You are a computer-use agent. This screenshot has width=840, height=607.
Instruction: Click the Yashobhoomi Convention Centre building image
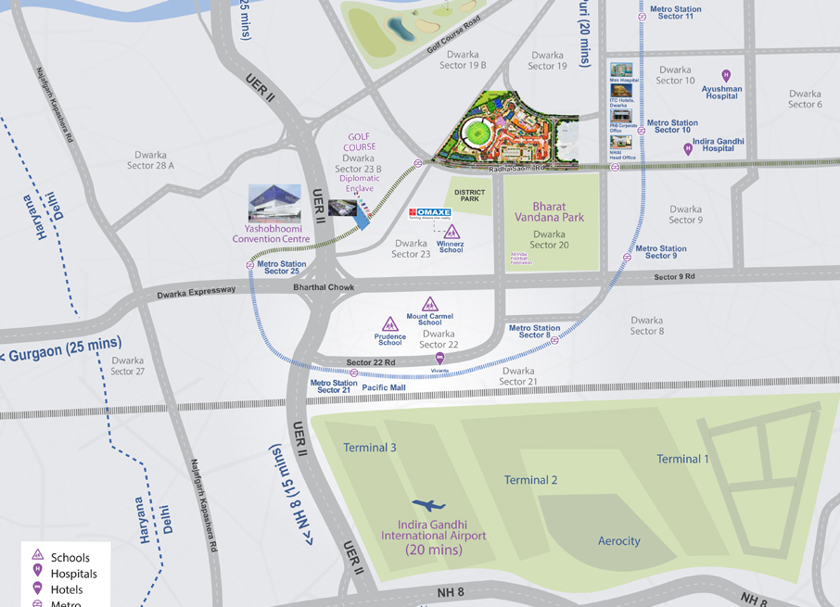[x=274, y=204]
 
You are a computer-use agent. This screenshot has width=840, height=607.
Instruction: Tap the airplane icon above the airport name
[x=427, y=506]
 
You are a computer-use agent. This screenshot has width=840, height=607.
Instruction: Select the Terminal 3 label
[x=370, y=448]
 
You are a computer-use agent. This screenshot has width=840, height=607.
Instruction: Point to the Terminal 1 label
[x=683, y=459]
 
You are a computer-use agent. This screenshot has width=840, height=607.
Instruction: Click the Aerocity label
[x=619, y=541]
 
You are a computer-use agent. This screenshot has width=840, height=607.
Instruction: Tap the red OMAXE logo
[x=430, y=213]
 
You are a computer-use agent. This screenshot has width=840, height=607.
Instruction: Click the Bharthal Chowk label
[x=325, y=287]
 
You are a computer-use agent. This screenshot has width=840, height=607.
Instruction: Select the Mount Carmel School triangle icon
[x=430, y=304]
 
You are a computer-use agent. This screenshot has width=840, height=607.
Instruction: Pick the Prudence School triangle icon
[x=390, y=324]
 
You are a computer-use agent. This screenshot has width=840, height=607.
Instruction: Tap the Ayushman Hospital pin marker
[x=726, y=76]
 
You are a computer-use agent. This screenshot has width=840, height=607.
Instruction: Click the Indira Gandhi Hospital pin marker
[x=688, y=148]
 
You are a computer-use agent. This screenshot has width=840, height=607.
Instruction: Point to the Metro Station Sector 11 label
[x=675, y=12]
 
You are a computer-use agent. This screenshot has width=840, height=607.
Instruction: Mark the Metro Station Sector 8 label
[x=534, y=331]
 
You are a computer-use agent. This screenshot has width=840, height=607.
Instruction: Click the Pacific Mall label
[x=383, y=387]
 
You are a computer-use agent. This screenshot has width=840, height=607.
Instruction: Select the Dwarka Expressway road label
[x=197, y=290]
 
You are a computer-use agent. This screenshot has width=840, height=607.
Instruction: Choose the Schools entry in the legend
[x=70, y=557]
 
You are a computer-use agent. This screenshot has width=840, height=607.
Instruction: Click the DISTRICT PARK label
[x=470, y=196]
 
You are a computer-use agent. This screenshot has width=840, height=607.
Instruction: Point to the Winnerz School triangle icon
[x=452, y=232]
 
